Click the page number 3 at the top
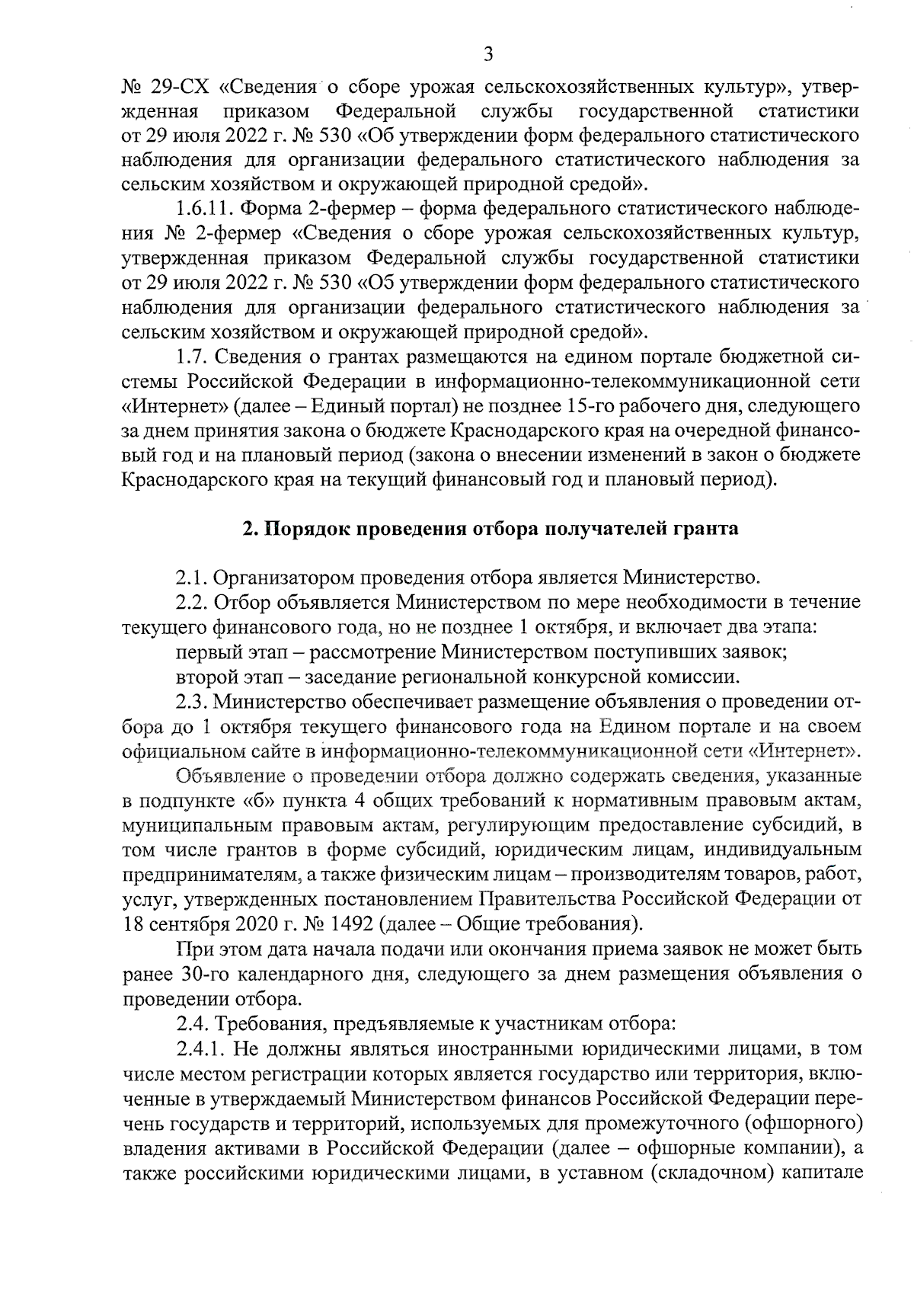click(x=488, y=54)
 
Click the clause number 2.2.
click(x=191, y=603)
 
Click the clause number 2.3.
click(x=191, y=701)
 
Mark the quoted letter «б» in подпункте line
click(x=254, y=801)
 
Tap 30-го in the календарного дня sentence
click(x=203, y=974)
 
